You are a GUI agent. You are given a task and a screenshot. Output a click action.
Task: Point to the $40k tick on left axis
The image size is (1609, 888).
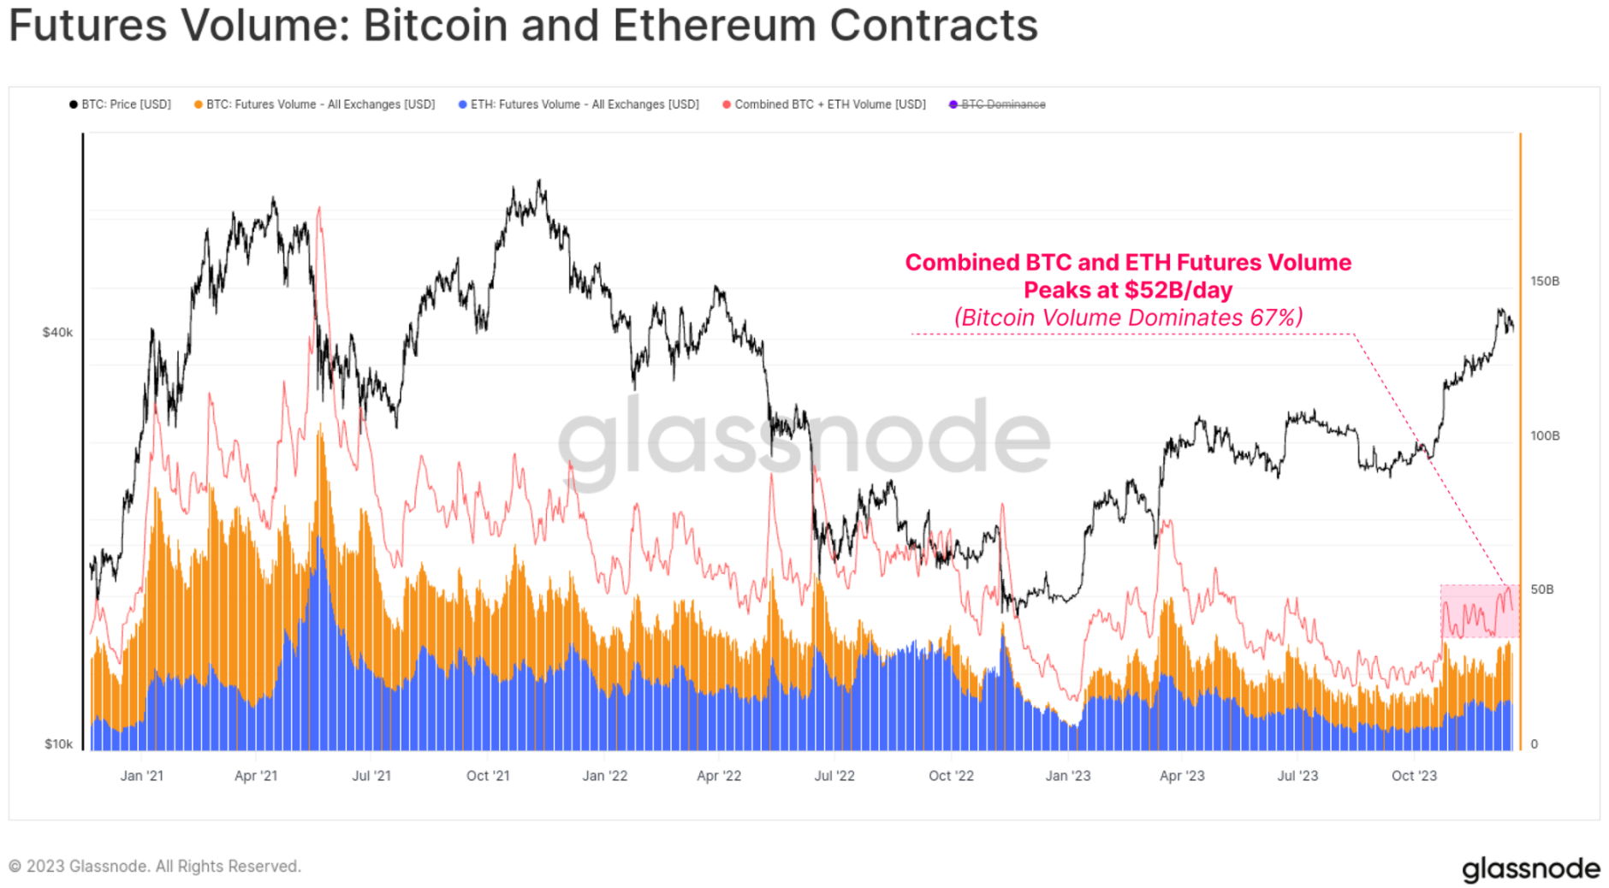coord(57,332)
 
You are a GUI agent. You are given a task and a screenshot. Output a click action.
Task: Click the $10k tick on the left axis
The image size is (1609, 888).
coord(58,743)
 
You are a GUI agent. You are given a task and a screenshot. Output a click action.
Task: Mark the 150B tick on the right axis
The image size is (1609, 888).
coord(1545,281)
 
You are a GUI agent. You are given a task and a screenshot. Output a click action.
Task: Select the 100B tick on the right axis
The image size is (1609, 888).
coord(1545,435)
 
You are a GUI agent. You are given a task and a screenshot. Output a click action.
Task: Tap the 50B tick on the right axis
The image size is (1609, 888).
coord(1541,589)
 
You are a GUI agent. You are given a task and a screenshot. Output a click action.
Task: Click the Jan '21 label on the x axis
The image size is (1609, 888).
coord(141,775)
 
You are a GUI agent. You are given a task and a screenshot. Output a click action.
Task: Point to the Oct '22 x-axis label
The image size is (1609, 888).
coord(951,775)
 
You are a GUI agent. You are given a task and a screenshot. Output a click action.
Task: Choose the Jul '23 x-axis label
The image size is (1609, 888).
coord(1297,775)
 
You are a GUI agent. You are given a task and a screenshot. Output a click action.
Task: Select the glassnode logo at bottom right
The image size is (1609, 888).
coord(1530,868)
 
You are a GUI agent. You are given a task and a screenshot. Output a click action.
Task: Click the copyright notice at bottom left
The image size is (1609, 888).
coord(154,866)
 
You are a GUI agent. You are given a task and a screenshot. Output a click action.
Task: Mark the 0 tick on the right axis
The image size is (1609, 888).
coord(1534,743)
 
